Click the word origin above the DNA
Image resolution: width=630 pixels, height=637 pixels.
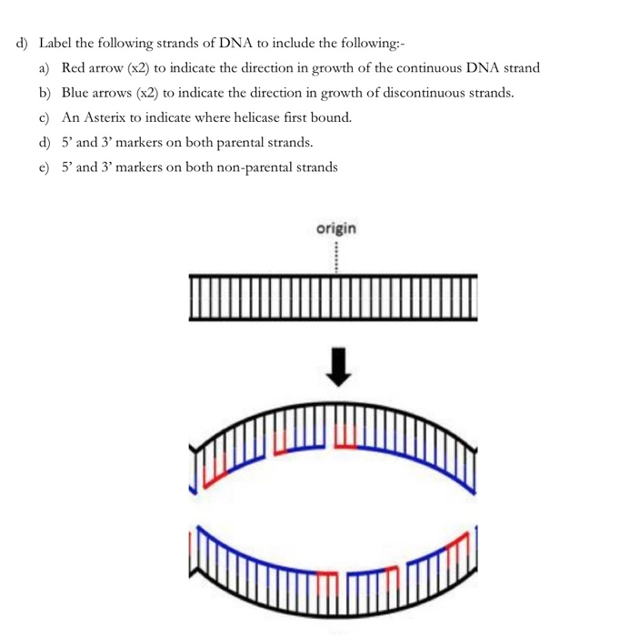(x=336, y=228)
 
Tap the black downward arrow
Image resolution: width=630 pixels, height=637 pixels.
(x=338, y=367)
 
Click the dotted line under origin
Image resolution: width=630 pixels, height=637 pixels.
(x=336, y=258)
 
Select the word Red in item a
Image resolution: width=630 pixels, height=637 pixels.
(x=73, y=68)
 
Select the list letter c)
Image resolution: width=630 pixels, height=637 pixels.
(x=44, y=117)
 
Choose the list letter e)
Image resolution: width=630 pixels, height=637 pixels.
(x=44, y=167)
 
